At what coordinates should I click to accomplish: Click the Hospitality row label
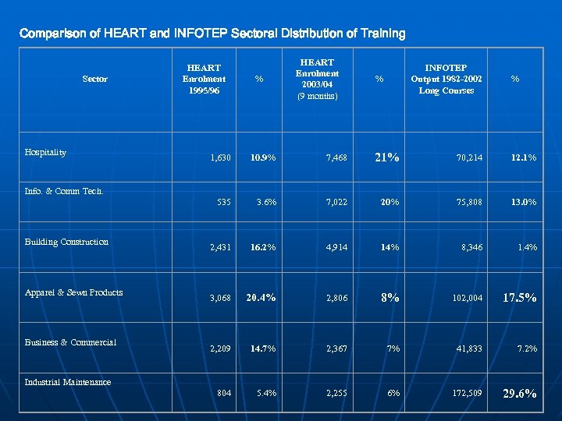(x=45, y=152)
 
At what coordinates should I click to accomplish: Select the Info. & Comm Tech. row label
(x=64, y=191)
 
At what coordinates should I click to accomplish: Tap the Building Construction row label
(x=66, y=242)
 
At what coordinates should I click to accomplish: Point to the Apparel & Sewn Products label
(x=73, y=292)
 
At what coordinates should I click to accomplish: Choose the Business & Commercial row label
(x=70, y=342)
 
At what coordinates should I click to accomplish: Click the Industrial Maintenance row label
(x=68, y=382)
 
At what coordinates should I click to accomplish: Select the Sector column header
(x=94, y=79)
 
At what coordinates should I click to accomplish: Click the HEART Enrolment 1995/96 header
(x=204, y=79)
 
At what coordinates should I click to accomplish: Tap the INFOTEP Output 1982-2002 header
(x=446, y=79)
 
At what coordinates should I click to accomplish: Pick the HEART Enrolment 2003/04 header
(x=317, y=79)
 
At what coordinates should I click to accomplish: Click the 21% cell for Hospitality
(x=387, y=157)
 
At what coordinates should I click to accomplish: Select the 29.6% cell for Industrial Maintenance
(x=519, y=394)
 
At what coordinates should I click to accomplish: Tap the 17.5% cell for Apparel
(x=518, y=297)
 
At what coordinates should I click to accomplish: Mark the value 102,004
(x=468, y=298)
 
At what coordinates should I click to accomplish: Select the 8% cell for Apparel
(x=389, y=297)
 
